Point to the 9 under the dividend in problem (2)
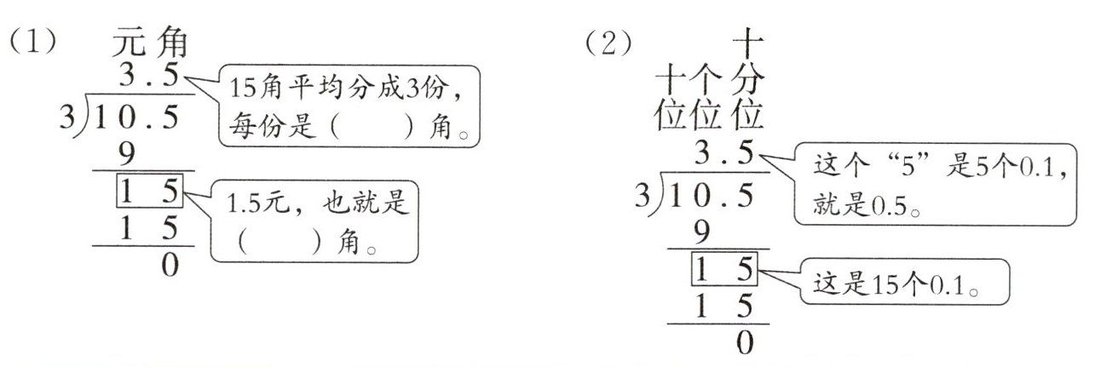[x=704, y=232]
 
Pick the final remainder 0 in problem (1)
[x=170, y=266]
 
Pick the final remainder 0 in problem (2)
[x=745, y=342]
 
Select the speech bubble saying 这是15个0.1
[x=904, y=282]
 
